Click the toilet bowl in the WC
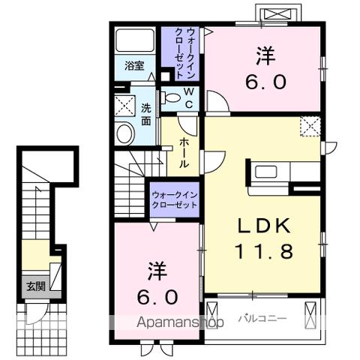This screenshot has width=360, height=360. (x=171, y=97)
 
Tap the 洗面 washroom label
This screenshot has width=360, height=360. (x=147, y=113)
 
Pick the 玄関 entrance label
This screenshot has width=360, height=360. (x=35, y=285)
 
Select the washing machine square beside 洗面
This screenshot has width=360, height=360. (x=124, y=105)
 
